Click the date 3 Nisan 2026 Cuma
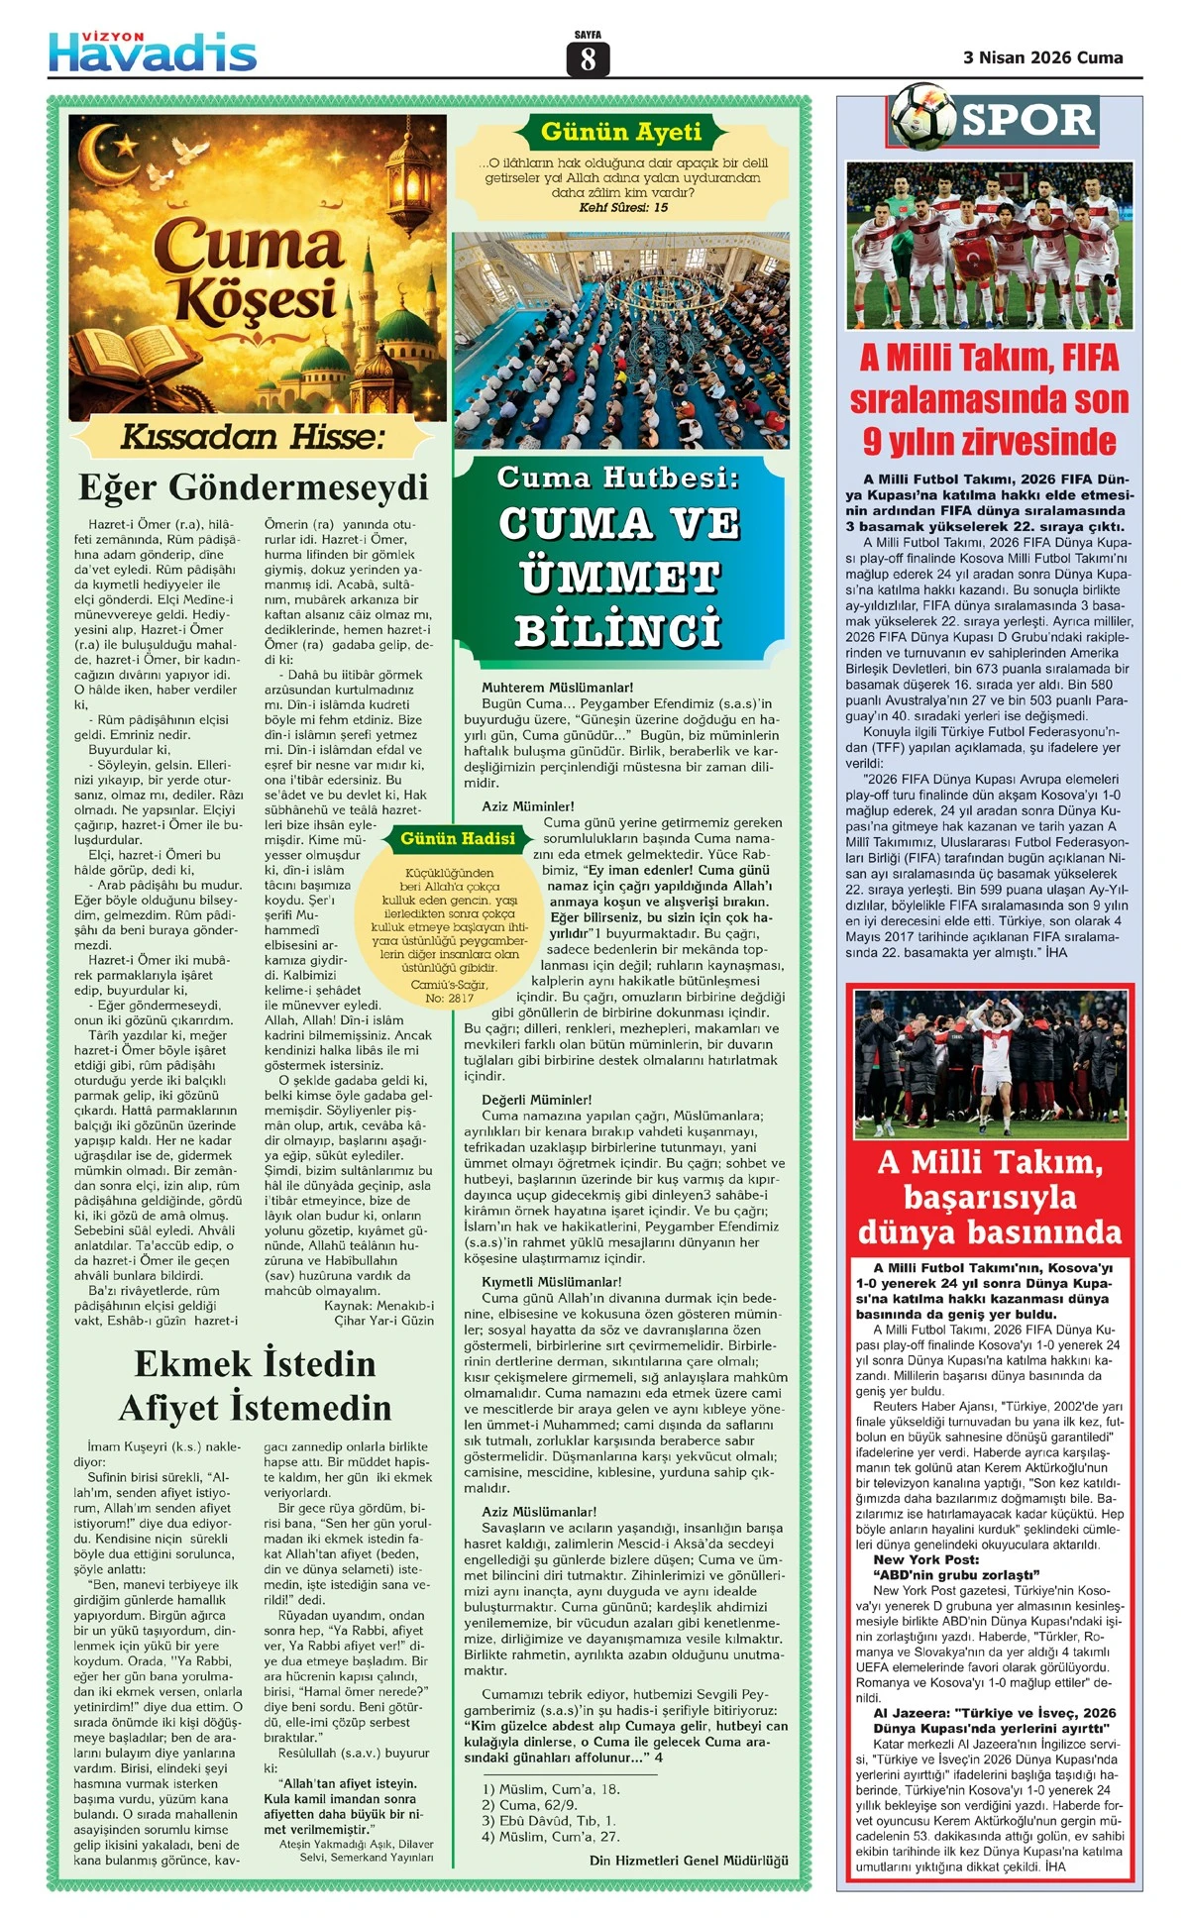click(x=1042, y=57)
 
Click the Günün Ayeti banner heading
click(x=621, y=132)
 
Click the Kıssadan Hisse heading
click(x=252, y=437)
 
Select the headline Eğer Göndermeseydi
click(x=254, y=487)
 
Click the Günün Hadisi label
click(x=458, y=839)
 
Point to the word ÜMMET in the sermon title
click(x=619, y=577)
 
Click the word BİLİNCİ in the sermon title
click(x=619, y=630)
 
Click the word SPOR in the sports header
click(x=1027, y=121)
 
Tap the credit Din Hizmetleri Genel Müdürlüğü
click(x=689, y=1861)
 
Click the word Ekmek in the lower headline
click(x=192, y=1364)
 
